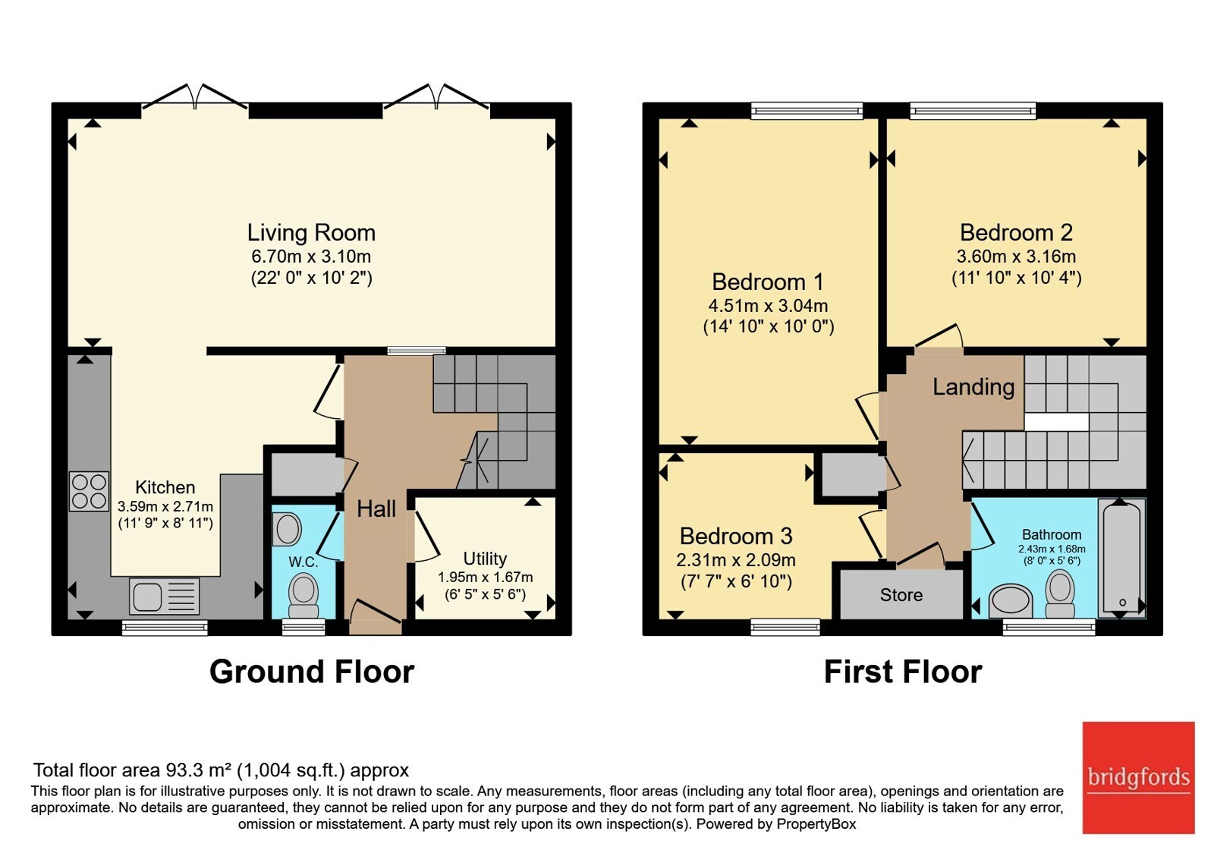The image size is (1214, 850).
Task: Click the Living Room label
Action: tap(311, 232)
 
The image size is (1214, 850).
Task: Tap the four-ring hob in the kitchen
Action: tap(89, 492)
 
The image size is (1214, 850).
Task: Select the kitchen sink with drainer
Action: tap(164, 597)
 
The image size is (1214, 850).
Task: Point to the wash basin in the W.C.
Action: tap(287, 530)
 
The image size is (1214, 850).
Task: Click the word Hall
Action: tap(376, 508)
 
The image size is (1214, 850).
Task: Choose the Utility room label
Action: tap(485, 559)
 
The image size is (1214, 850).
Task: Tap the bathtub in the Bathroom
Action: tap(1121, 558)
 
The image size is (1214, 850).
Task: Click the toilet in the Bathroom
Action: tap(1059, 593)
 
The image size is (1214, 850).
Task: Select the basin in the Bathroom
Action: tap(1010, 601)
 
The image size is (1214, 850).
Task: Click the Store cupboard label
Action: tap(901, 595)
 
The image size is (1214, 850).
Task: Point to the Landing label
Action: tap(973, 387)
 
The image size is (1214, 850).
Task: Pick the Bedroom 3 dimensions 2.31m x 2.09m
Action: tap(736, 559)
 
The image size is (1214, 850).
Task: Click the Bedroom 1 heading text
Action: tap(767, 282)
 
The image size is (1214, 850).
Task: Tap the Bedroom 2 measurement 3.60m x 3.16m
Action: tap(1016, 256)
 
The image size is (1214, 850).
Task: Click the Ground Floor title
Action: tap(312, 672)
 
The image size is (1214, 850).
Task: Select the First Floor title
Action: tap(903, 672)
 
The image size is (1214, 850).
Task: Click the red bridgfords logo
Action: tap(1139, 777)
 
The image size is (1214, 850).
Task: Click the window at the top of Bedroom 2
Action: tap(973, 112)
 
